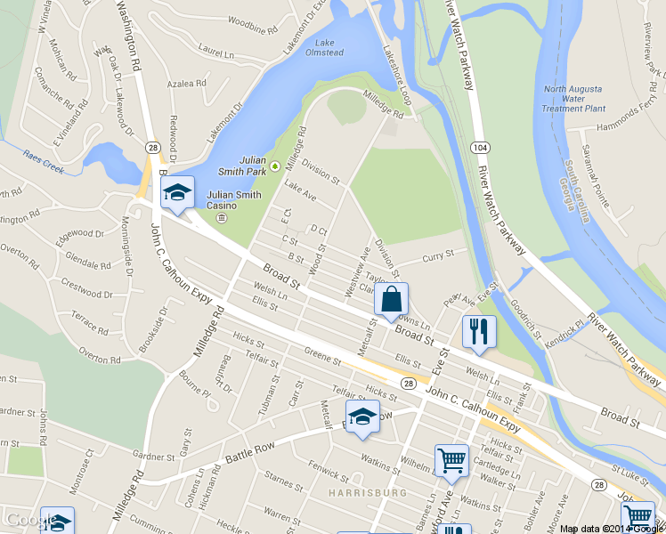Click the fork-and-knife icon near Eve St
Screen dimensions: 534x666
479,331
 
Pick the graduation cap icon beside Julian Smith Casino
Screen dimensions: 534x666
177,193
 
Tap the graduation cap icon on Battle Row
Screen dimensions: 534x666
362,417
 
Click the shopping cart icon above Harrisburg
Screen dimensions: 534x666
451,460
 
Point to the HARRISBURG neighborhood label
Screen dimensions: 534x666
366,492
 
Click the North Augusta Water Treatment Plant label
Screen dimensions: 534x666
573,97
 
